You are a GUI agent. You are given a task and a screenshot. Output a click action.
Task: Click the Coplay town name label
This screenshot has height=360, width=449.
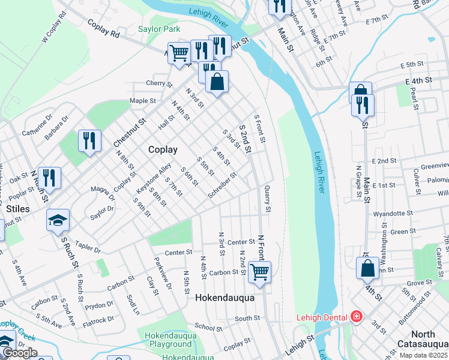[x=163, y=150]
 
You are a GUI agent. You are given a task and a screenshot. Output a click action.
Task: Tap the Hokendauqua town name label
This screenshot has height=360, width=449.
[x=225, y=298]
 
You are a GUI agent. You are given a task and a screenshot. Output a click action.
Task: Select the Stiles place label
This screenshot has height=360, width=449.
[x=17, y=209]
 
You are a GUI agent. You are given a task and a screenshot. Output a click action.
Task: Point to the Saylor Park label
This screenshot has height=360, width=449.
[x=159, y=29]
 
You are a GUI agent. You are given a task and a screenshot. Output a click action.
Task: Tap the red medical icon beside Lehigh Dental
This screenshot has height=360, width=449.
[x=356, y=316]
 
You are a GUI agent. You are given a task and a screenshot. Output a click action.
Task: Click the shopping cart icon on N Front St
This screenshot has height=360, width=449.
[x=259, y=271]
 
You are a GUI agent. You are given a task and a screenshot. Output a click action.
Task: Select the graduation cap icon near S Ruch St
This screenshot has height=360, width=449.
[x=58, y=220]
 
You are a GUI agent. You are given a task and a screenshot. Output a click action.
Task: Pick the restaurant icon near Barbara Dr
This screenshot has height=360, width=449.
[x=89, y=141]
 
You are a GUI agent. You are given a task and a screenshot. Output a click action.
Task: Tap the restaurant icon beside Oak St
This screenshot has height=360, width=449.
[x=49, y=177]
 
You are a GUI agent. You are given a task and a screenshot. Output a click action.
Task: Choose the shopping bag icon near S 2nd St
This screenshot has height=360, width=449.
[x=217, y=81]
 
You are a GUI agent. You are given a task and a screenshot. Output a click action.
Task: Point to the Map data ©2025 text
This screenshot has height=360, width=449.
[x=423, y=355]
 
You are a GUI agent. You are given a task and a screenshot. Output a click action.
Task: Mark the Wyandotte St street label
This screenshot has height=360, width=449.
[x=393, y=213]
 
